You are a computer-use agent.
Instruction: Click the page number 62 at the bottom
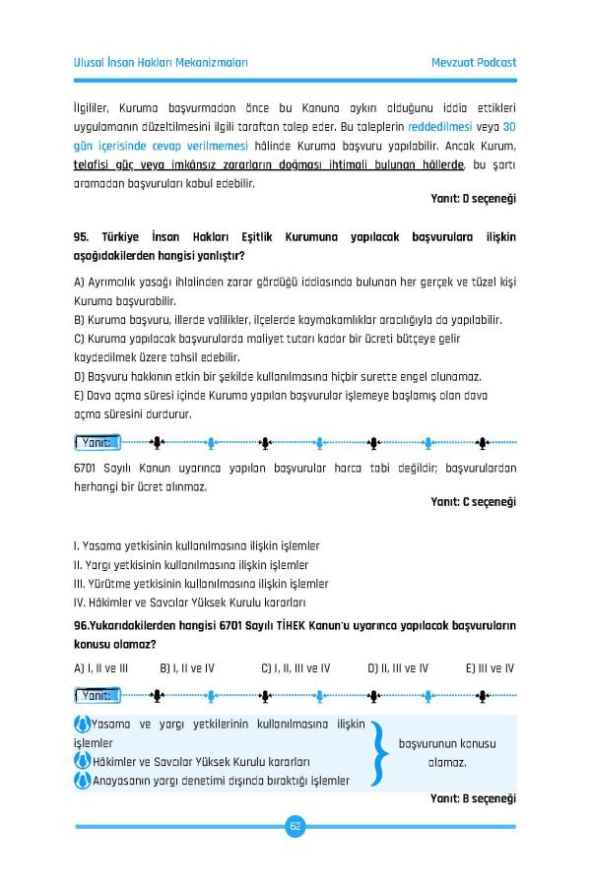(x=295, y=826)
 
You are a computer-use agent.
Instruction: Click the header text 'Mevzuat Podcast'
(x=474, y=62)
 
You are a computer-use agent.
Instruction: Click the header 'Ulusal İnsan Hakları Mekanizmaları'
(x=161, y=62)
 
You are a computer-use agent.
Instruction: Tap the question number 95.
(x=82, y=237)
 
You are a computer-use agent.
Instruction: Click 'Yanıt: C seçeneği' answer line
(x=474, y=502)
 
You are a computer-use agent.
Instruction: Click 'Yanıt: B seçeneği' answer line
(x=474, y=798)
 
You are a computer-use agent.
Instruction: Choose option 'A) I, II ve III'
(x=101, y=668)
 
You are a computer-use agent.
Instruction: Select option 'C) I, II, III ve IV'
(x=295, y=668)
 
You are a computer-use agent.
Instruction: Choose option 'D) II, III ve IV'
(x=398, y=668)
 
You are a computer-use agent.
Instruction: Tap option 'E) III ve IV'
(x=490, y=668)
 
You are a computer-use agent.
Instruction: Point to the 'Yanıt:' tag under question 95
(x=98, y=442)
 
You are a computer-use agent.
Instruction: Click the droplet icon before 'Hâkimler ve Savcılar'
(x=82, y=762)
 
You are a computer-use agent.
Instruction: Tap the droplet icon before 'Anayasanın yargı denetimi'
(x=82, y=781)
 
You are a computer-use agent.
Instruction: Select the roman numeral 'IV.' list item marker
(x=81, y=601)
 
